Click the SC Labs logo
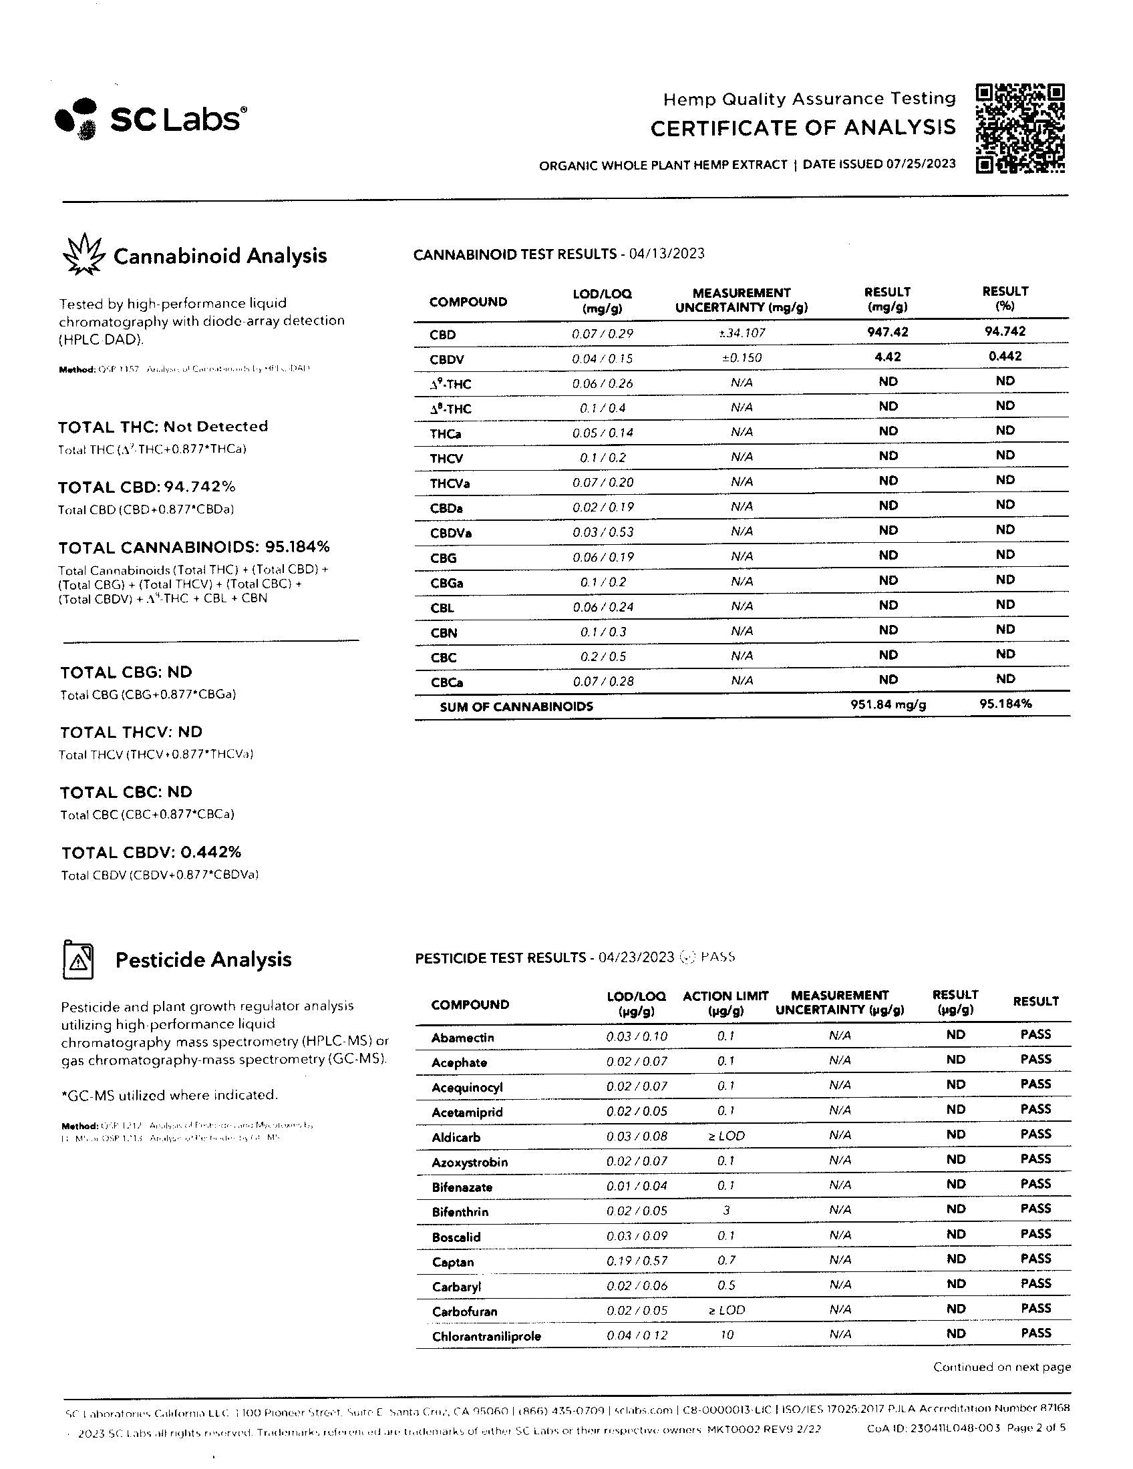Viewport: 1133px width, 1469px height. pos(150,119)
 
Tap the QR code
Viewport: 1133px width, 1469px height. pos(1020,128)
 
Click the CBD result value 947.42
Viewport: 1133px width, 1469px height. pos(887,332)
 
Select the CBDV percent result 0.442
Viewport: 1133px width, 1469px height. pos(1005,357)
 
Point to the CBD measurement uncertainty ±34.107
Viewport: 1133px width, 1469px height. pos(742,333)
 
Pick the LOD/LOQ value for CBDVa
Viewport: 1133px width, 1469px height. pos(603,532)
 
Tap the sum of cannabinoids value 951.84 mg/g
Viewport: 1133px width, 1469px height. pos(888,705)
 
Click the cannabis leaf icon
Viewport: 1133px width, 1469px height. pos(84,255)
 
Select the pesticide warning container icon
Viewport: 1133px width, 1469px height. pos(78,960)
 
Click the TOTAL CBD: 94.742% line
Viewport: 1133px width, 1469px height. pos(147,487)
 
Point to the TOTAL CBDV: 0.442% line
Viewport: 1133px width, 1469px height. pos(152,852)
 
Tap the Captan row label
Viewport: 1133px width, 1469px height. pos(453,1263)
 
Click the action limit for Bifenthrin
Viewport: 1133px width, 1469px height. pos(726,1211)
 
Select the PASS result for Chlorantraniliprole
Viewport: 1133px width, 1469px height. pos(1035,1333)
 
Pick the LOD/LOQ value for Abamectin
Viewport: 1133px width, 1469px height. pos(637,1036)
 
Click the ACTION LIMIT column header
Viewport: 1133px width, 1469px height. pos(725,1003)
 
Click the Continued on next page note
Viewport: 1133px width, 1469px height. pos(1001,1368)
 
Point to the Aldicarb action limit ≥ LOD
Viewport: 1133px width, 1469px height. pos(726,1136)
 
